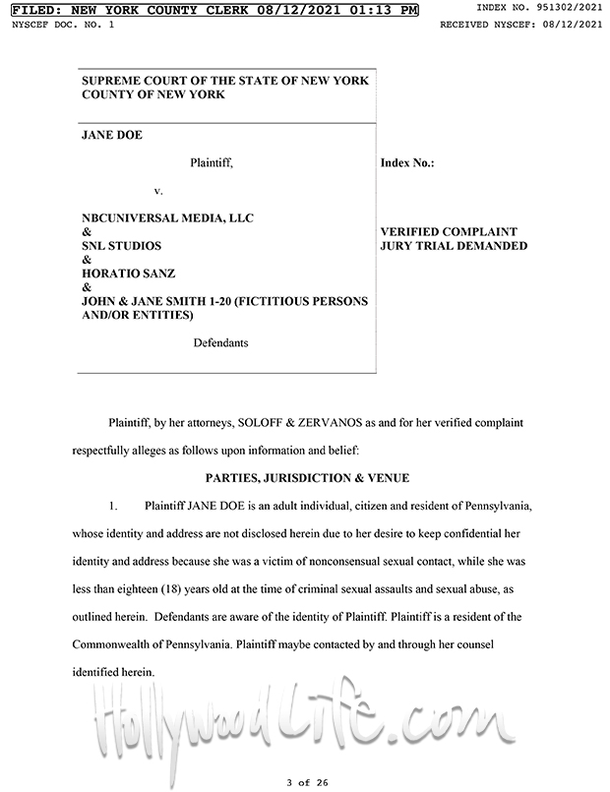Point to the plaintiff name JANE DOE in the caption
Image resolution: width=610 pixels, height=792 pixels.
coord(112,135)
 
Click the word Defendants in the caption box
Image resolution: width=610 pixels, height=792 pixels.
coord(220,342)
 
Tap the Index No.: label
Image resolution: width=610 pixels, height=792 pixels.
coord(407,161)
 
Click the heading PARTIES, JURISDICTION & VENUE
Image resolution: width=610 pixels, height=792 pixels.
coord(306,477)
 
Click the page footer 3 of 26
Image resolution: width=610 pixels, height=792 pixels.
coord(305,781)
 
